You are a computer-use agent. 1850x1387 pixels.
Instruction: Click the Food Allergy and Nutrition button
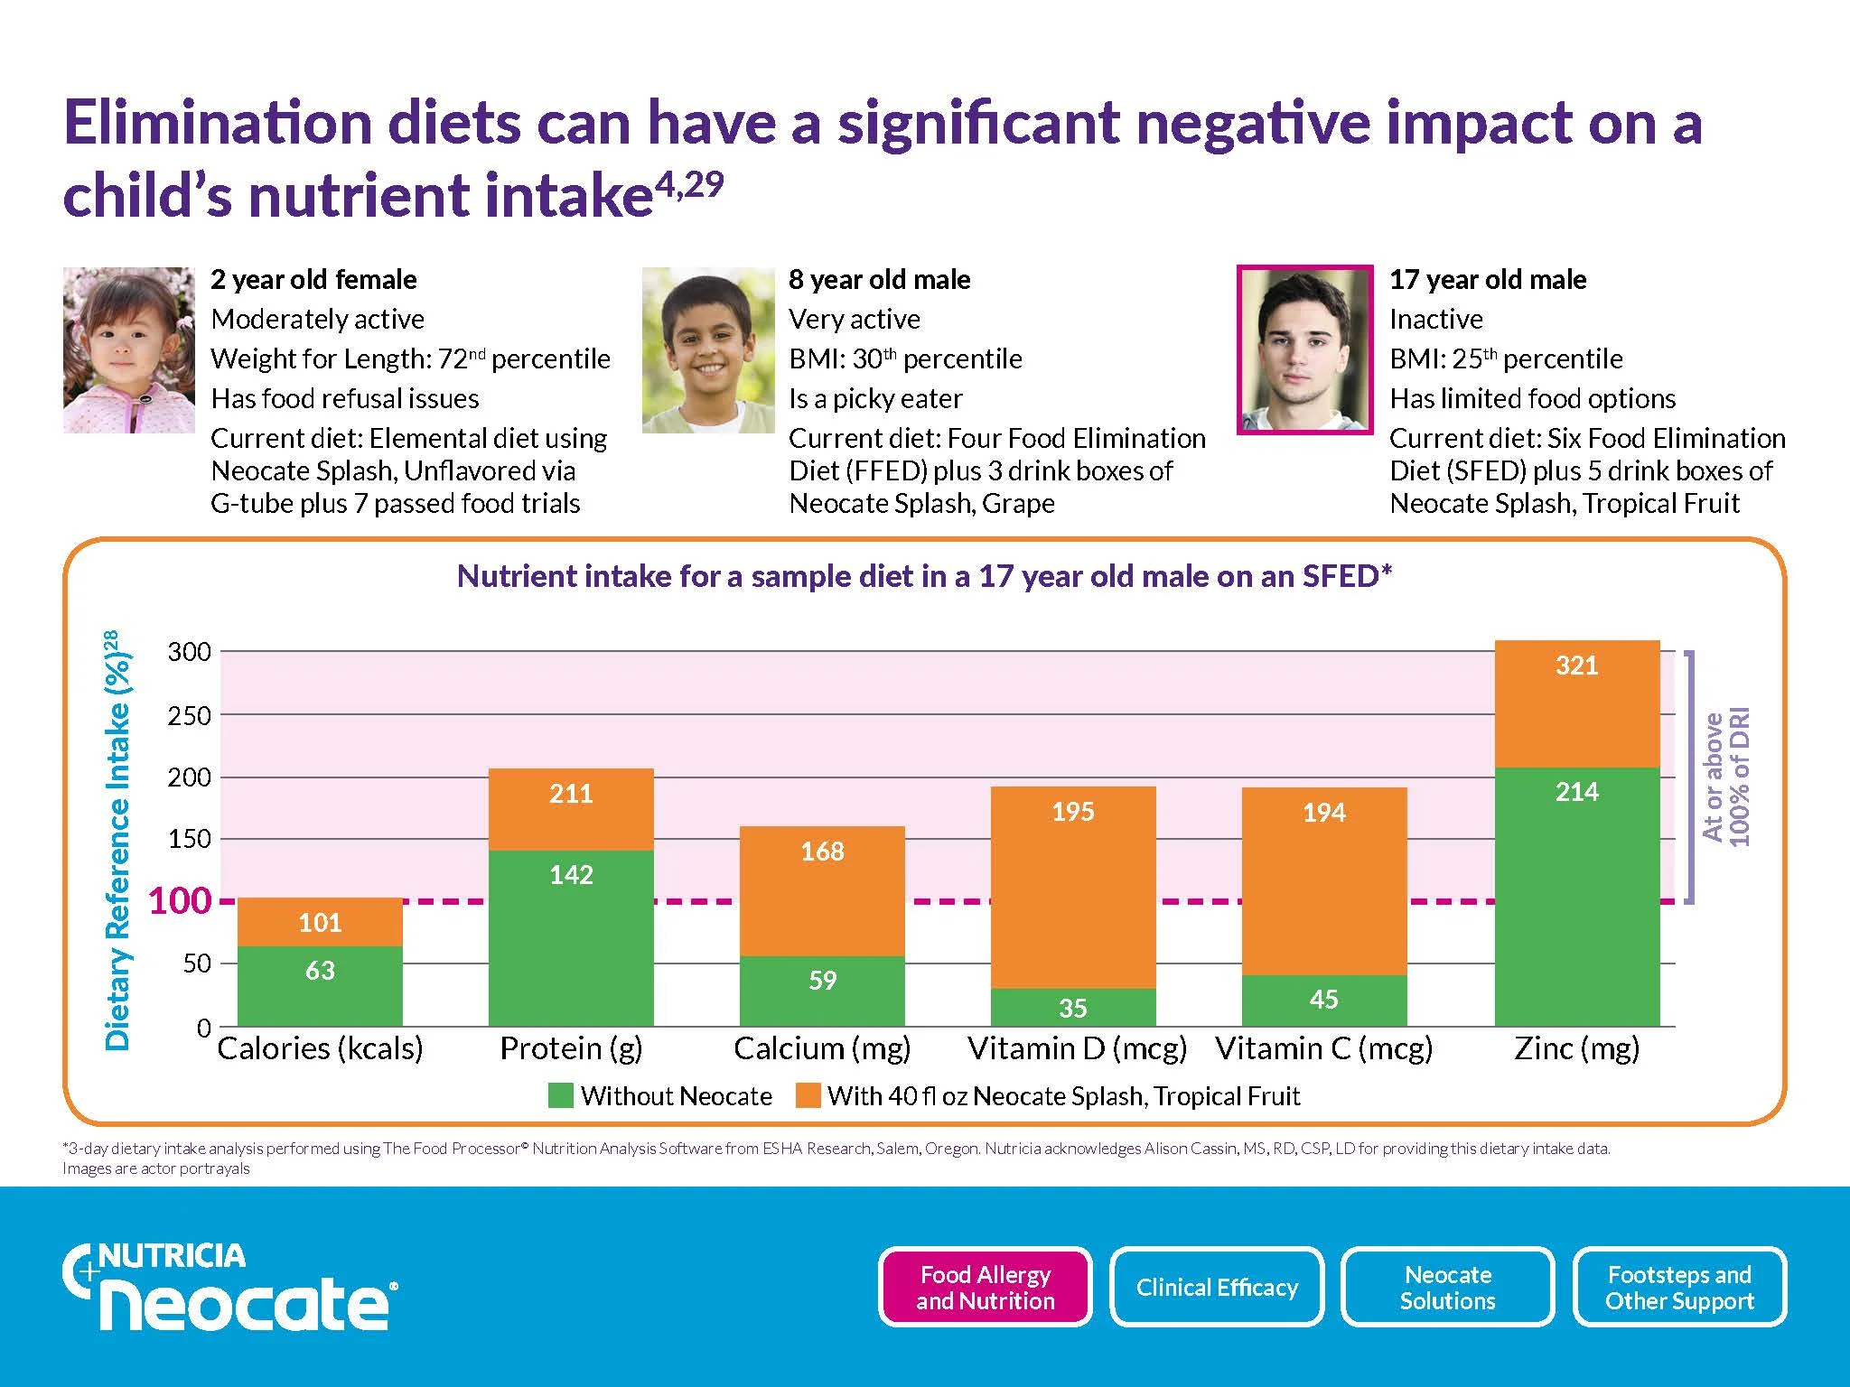[x=985, y=1287]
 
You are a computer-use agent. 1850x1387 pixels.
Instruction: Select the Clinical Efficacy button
[x=1217, y=1287]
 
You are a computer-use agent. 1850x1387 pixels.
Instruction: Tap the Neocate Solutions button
[x=1448, y=1287]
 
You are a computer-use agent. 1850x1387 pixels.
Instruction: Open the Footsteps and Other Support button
[x=1679, y=1287]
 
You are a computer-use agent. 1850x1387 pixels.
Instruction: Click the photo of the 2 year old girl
[x=128, y=350]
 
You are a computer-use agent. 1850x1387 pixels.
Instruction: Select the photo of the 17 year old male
[x=1304, y=350]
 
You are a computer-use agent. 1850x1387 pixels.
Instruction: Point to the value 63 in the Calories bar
[x=320, y=971]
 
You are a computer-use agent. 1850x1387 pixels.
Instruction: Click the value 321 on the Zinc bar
[x=1576, y=666]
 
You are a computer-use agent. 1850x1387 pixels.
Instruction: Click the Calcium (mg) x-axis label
[x=822, y=1048]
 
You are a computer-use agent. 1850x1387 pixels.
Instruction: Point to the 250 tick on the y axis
[x=190, y=716]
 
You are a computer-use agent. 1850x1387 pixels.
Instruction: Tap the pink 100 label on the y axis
[x=179, y=901]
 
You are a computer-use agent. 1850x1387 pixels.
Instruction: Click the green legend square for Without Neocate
[x=561, y=1095]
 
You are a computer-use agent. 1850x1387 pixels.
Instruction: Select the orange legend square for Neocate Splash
[x=808, y=1095]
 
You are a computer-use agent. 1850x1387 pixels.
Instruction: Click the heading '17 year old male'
[x=1487, y=280]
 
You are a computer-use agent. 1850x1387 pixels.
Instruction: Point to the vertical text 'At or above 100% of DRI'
[x=1725, y=777]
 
